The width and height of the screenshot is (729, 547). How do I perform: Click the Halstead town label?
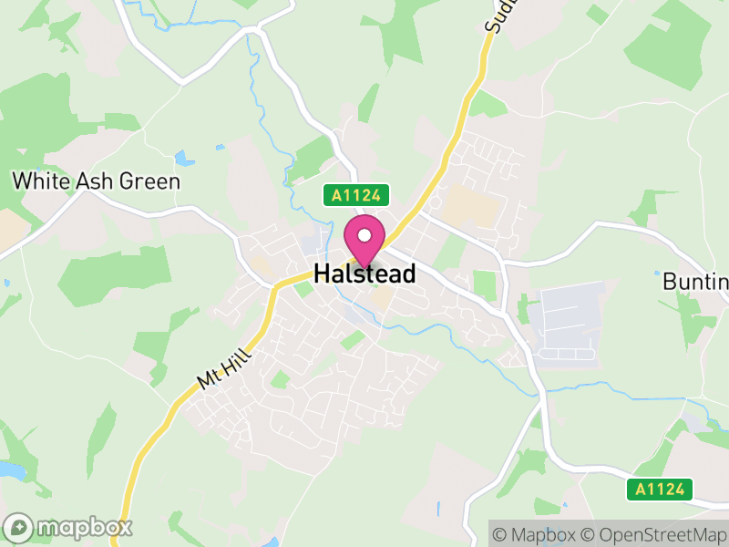(x=364, y=273)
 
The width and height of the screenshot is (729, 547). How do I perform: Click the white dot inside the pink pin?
(x=364, y=235)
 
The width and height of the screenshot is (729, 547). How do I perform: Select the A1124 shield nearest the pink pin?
(x=357, y=194)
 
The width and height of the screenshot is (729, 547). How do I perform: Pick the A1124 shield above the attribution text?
(x=661, y=490)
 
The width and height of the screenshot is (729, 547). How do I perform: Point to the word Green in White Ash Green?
(x=149, y=181)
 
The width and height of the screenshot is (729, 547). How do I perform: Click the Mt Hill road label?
(x=220, y=365)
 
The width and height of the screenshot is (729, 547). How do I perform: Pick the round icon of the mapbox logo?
(x=20, y=527)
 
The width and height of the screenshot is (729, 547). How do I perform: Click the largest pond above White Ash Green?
(x=185, y=159)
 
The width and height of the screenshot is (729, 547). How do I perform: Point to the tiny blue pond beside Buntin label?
(x=657, y=273)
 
